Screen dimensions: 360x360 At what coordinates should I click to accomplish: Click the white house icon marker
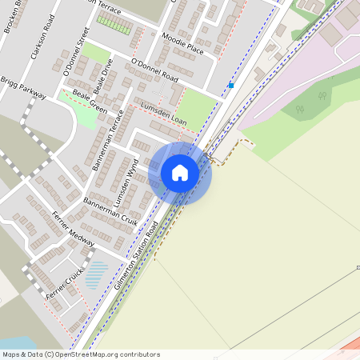[180, 172]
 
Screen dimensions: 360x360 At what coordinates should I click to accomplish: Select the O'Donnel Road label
[154, 70]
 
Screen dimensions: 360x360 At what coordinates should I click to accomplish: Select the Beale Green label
[89, 100]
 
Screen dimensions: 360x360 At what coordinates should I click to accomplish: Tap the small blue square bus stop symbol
[230, 85]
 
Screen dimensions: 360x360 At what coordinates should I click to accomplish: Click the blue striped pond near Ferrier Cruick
[95, 274]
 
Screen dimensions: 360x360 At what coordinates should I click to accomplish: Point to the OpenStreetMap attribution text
[80, 354]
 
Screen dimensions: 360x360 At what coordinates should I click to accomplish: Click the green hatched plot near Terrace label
[114, 25]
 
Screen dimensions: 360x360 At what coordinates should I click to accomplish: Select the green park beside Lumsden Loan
[194, 106]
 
